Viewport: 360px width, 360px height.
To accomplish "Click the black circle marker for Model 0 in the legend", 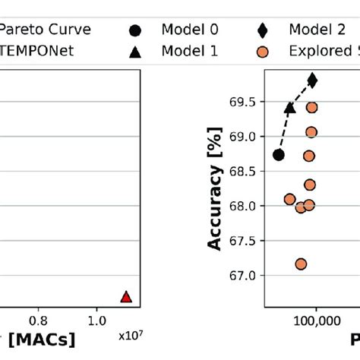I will [135, 30].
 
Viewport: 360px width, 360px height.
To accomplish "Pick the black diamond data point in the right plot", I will [312, 80].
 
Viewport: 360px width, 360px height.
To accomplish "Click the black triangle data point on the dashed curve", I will [289, 108].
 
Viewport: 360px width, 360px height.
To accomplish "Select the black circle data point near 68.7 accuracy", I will [279, 155].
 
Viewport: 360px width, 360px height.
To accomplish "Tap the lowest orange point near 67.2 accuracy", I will [301, 264].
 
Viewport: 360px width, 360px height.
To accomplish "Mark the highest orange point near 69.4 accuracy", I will [311, 107].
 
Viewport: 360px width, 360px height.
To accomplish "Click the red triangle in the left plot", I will [126, 296].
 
